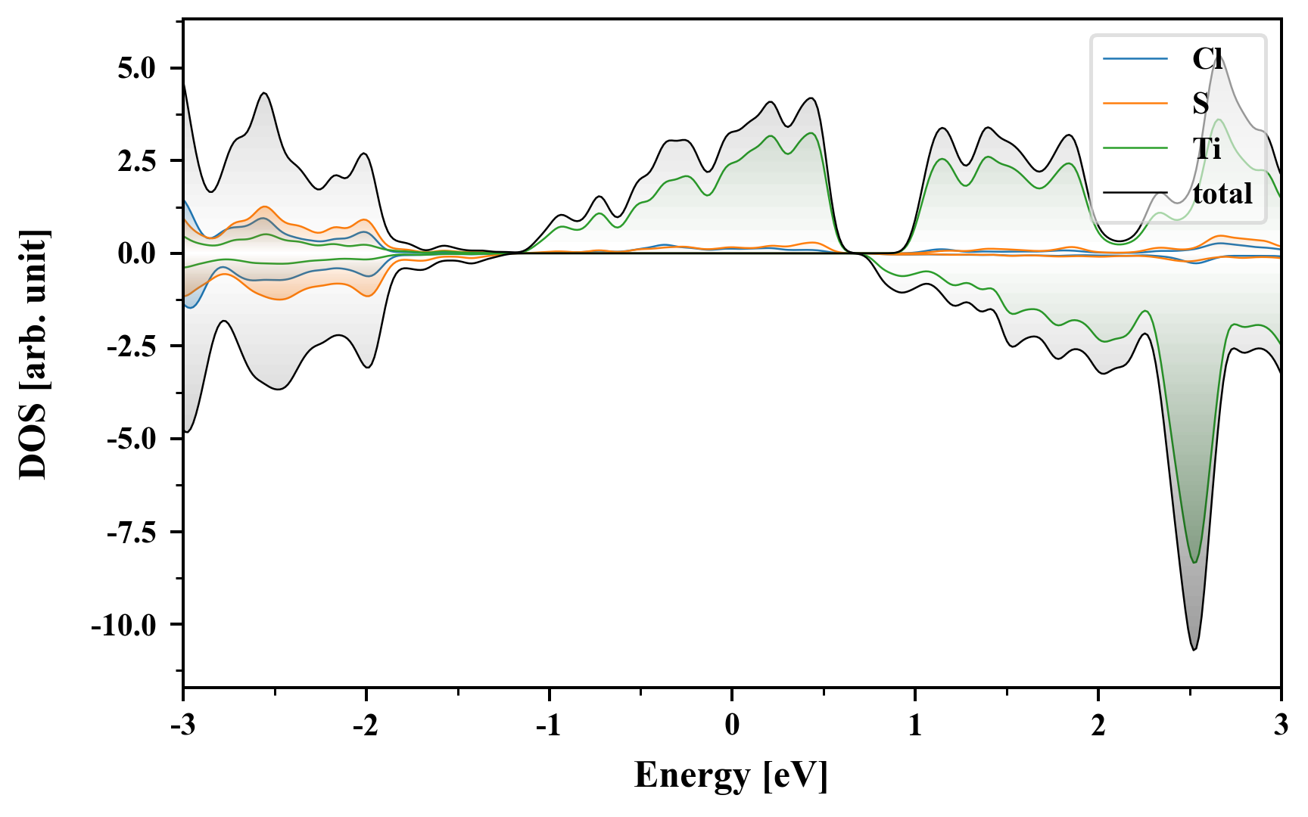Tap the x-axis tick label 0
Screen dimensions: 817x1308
(x=732, y=725)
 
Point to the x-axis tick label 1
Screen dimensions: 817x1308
(x=915, y=725)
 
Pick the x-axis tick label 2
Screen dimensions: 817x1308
(x=1098, y=725)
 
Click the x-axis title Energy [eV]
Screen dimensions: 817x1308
(x=731, y=775)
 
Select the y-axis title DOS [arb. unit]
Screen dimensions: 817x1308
(x=33, y=354)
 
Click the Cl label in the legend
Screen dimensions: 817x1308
(x=1207, y=59)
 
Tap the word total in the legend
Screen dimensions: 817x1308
(x=1222, y=194)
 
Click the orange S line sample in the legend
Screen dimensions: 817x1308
(x=1135, y=104)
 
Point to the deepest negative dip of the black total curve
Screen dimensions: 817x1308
(x=1194, y=649)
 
